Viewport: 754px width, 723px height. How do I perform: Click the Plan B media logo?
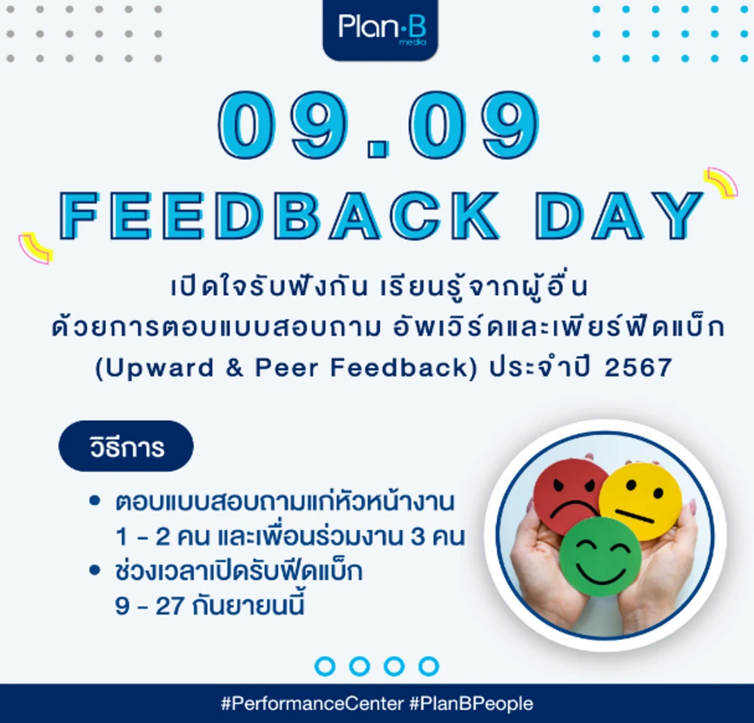point(380,29)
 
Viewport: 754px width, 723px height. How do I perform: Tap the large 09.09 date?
point(379,128)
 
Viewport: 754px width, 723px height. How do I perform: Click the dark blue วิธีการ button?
point(126,447)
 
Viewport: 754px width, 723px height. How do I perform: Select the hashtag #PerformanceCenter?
point(312,704)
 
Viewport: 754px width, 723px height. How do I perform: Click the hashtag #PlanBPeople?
point(471,704)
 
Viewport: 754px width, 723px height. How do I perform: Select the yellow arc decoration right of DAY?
point(720,183)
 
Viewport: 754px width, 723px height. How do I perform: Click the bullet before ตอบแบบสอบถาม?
point(95,501)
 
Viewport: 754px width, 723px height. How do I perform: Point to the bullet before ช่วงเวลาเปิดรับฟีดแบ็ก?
point(95,571)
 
